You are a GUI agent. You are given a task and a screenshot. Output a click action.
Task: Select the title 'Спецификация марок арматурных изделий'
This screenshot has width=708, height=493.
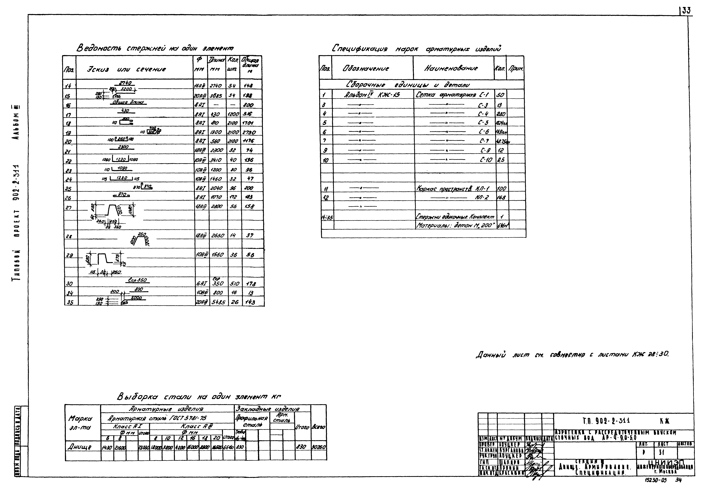pyautogui.click(x=416, y=48)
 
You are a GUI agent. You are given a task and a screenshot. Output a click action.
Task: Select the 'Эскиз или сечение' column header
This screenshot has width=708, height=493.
pyautogui.click(x=126, y=69)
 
